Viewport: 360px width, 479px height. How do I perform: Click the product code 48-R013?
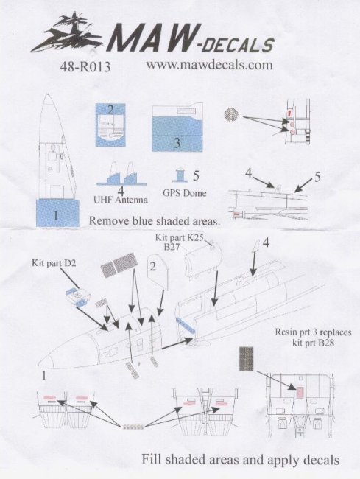pos(85,67)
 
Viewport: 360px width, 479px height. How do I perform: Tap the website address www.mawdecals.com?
pos(209,65)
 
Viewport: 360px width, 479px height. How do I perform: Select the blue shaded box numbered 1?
pos(57,213)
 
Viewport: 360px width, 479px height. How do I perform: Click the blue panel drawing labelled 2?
pos(110,125)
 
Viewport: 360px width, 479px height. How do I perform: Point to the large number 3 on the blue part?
pos(177,142)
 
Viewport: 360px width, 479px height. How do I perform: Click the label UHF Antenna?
pos(121,200)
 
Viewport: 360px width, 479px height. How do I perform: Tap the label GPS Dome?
pos(185,193)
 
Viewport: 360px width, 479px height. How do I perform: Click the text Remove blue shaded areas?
pos(155,220)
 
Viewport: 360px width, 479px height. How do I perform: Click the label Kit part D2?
pos(54,263)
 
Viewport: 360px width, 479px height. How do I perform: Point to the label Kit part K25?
pos(179,238)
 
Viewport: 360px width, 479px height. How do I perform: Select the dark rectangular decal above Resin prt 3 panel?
pos(247,359)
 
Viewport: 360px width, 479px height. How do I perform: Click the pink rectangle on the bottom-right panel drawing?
pos(300,391)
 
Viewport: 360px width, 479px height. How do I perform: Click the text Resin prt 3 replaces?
pos(313,332)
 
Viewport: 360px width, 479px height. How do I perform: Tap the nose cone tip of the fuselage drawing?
pos(39,363)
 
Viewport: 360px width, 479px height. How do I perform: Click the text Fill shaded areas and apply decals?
pos(241,459)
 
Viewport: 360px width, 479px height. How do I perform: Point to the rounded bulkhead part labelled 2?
pos(158,273)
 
